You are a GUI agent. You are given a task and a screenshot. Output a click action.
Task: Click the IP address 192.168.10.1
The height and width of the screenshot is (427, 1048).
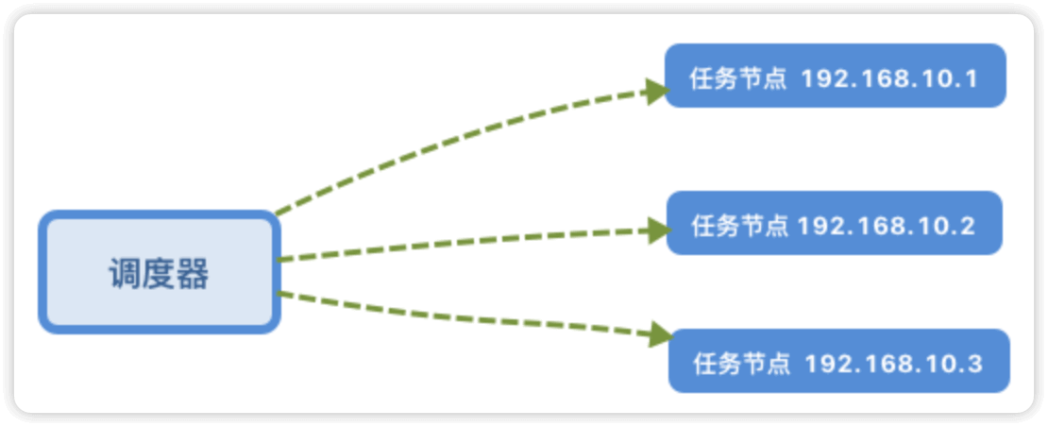tap(888, 78)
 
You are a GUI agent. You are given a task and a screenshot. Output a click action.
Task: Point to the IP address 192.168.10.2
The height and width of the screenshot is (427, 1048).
tap(886, 226)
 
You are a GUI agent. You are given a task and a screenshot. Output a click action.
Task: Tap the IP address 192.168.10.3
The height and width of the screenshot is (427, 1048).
tap(893, 364)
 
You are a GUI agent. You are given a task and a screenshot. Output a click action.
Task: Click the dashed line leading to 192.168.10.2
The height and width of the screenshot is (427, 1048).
tap(463, 244)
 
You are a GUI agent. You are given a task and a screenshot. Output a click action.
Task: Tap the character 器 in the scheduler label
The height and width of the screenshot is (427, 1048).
tap(193, 274)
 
